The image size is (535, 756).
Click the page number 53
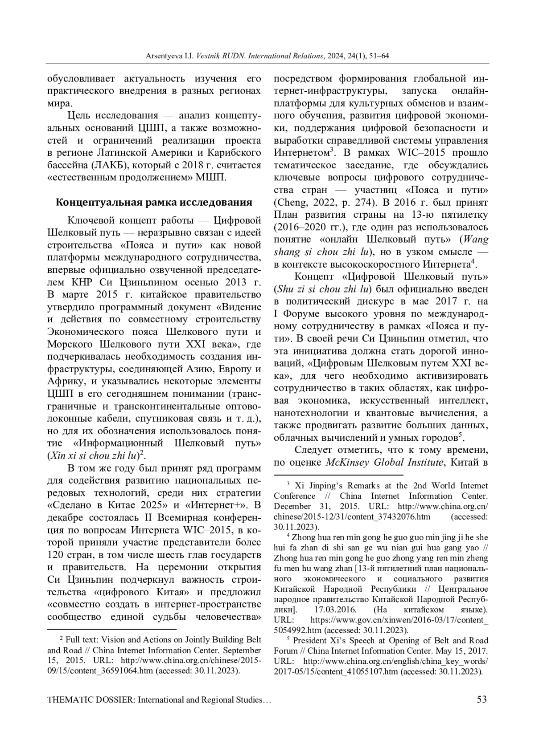(482, 699)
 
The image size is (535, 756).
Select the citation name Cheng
(291, 203)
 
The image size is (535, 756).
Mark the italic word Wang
(477, 240)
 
